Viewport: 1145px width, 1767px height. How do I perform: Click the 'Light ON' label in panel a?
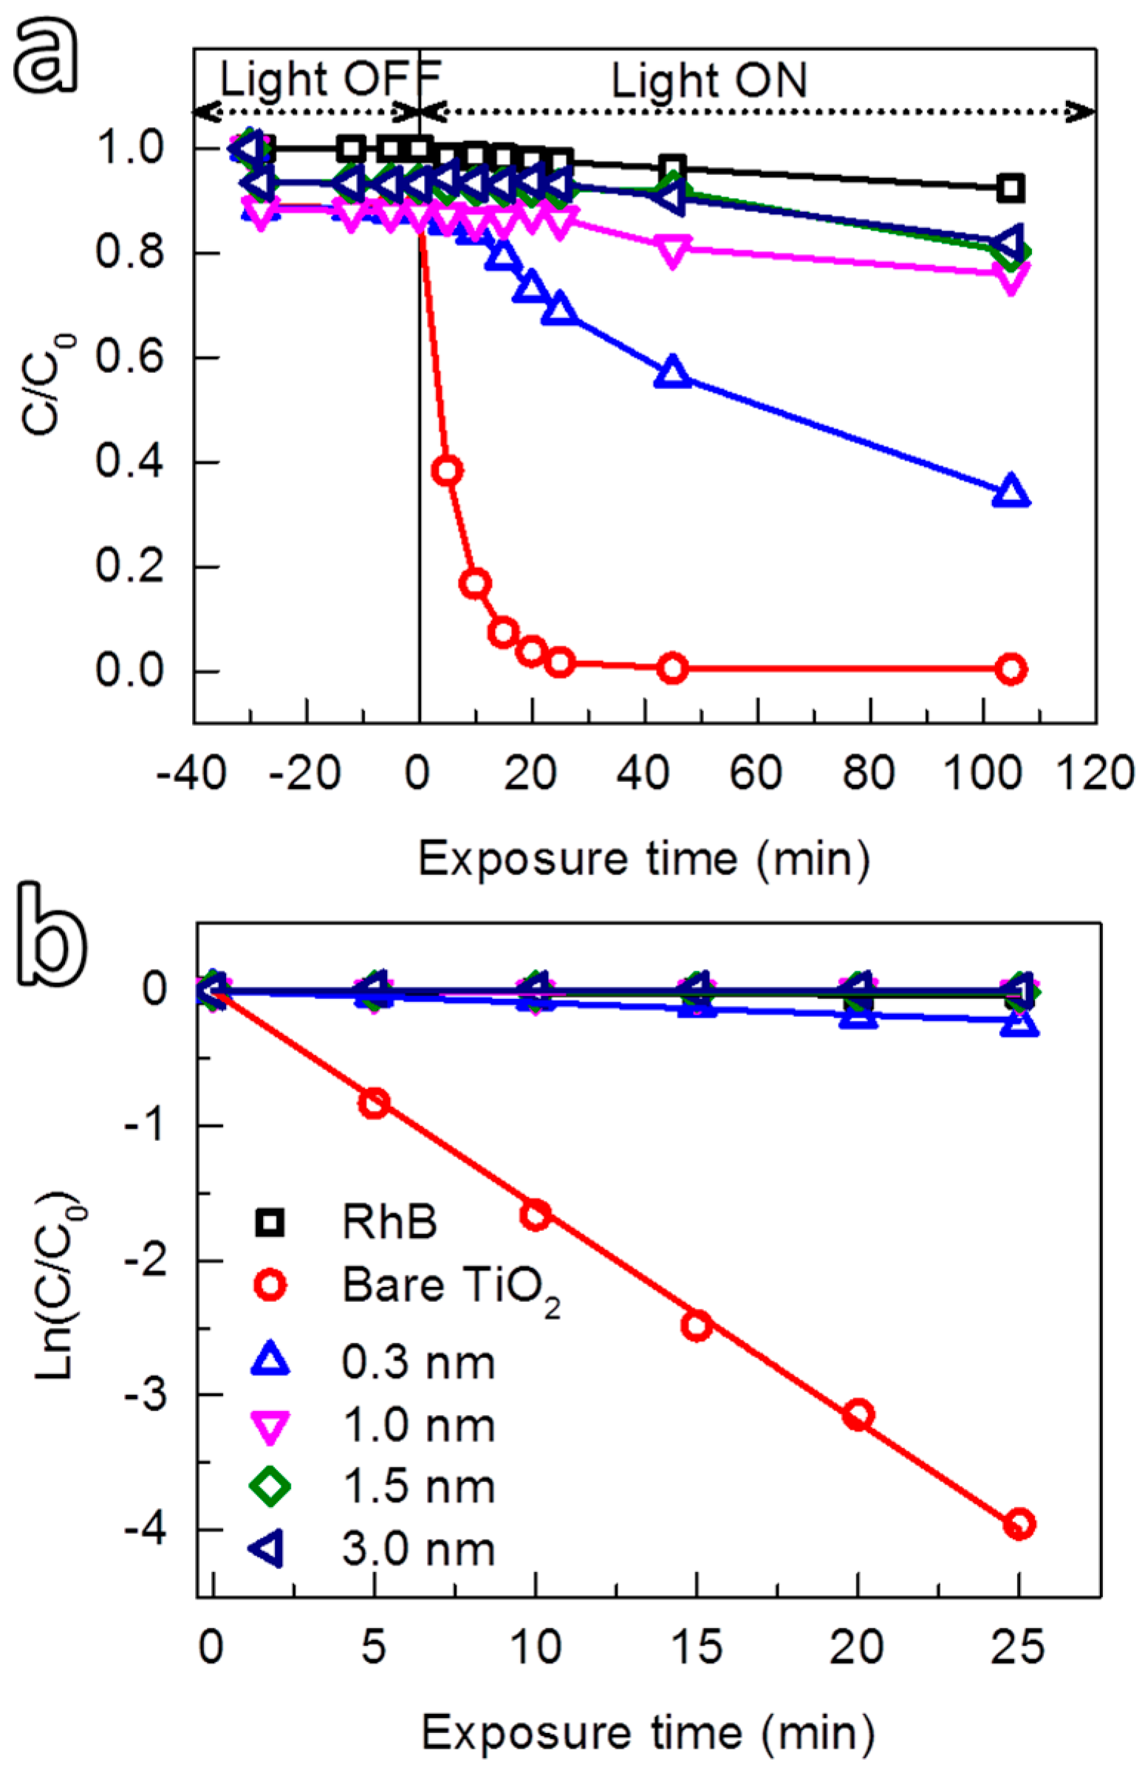tap(708, 80)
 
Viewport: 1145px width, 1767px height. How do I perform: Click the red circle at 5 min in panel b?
tap(375, 1102)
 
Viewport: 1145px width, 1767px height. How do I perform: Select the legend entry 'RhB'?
tap(389, 1223)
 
